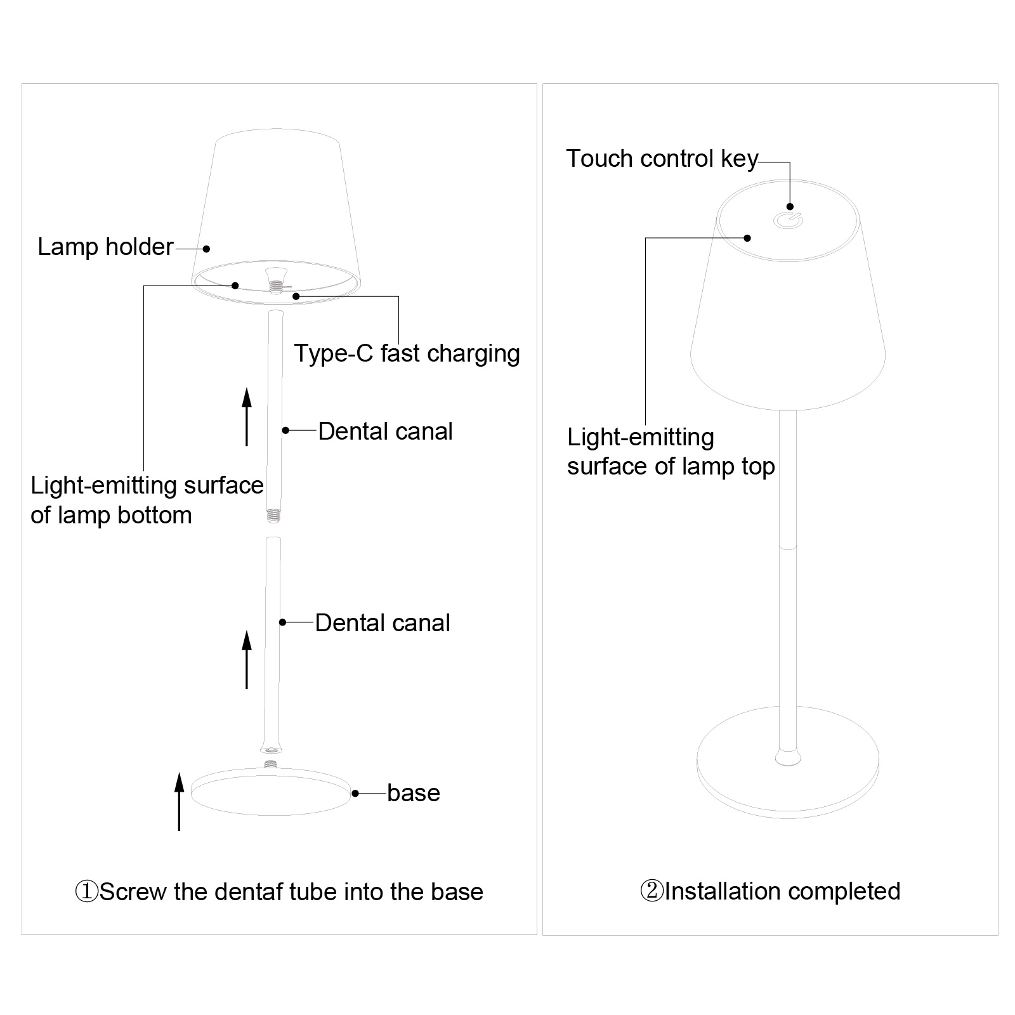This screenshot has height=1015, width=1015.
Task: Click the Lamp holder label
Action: (105, 247)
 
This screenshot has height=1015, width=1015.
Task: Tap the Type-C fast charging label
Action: (407, 353)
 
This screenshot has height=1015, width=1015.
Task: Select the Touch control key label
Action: (662, 159)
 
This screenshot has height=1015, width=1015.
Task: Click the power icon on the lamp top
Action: (788, 221)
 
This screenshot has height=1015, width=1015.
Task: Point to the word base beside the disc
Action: (414, 793)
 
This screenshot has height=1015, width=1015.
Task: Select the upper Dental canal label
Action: (385, 431)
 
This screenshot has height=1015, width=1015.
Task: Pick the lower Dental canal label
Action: (383, 623)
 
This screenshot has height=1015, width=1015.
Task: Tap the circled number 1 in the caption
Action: (86, 892)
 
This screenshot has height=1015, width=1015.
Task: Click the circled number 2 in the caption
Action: (652, 891)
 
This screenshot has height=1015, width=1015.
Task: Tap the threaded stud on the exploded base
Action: (272, 764)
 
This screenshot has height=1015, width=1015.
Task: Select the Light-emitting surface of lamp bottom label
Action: (147, 500)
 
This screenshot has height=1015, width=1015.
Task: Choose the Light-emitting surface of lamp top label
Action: (671, 452)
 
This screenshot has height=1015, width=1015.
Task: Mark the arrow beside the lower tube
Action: (247, 659)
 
